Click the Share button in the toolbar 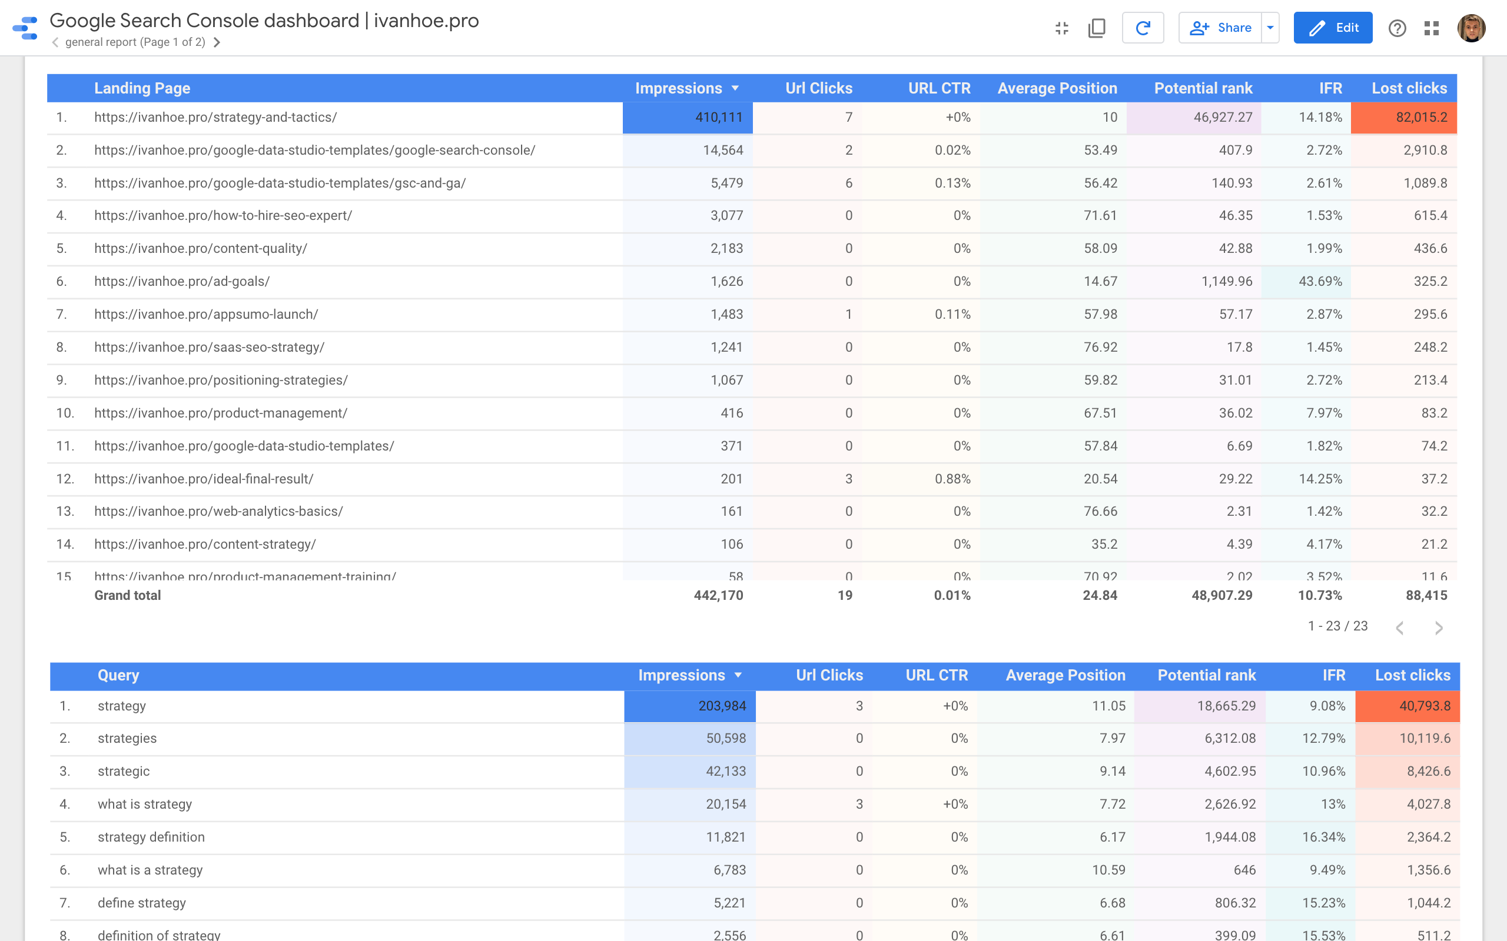[1220, 28]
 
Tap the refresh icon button [1142, 28]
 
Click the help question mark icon [1397, 28]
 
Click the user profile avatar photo [1471, 28]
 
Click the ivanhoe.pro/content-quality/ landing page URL [201, 248]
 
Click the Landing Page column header [142, 88]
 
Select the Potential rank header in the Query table [1206, 675]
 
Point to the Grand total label [127, 596]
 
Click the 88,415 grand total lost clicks [1426, 596]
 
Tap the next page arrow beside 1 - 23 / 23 [1439, 628]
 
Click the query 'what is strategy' [144, 804]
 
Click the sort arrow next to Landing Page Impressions [735, 88]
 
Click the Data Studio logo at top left [25, 28]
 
